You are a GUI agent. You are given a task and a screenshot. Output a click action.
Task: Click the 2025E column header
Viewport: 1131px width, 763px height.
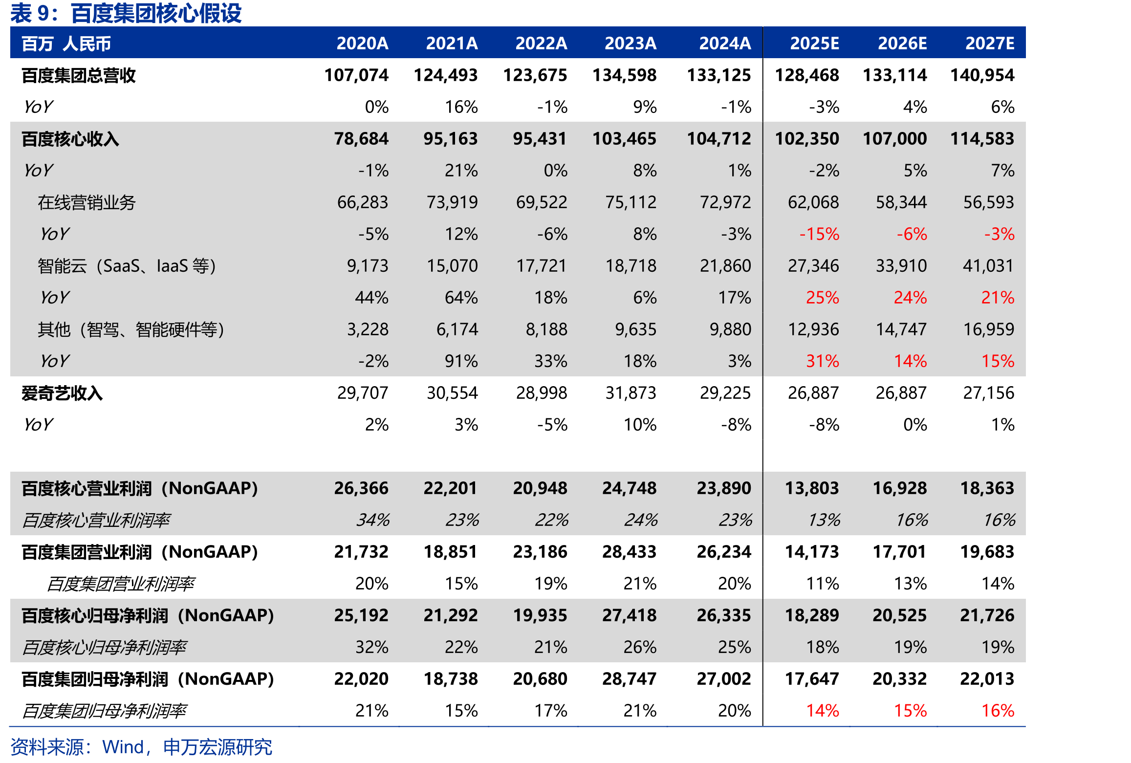[814, 44]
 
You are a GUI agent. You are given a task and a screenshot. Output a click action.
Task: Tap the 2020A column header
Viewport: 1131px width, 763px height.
[362, 44]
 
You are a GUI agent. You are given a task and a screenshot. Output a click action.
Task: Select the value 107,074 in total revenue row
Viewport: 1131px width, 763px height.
[356, 75]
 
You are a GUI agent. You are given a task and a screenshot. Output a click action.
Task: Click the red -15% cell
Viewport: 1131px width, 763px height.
[819, 234]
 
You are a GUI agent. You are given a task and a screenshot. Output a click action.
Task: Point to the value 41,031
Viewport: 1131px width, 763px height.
[988, 266]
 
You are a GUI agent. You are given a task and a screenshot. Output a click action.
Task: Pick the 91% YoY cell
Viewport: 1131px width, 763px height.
[461, 361]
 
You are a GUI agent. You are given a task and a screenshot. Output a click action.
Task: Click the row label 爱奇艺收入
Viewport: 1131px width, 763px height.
[62, 393]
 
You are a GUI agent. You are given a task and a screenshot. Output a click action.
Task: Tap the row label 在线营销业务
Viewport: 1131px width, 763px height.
[87, 202]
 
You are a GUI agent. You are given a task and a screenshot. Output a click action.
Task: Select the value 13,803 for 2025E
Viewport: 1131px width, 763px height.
[811, 488]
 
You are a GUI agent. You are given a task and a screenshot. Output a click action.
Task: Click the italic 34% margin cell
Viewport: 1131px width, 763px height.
[372, 520]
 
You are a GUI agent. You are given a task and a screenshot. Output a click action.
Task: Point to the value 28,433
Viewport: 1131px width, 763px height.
[629, 552]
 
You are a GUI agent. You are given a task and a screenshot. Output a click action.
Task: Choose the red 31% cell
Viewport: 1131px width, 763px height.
[823, 361]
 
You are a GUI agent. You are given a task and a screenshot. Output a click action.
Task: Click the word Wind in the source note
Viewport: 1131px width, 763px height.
[123, 747]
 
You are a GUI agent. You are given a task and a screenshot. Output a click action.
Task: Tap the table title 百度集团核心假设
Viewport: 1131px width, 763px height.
[156, 13]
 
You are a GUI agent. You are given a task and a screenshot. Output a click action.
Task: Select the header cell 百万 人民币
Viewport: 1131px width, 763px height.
[66, 44]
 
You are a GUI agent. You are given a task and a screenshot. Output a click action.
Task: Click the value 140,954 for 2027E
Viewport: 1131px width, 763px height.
[982, 75]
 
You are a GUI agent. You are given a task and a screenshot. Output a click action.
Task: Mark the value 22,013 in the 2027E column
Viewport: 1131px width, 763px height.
[987, 679]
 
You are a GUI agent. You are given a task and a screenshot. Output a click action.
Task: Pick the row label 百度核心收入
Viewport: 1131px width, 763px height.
[70, 139]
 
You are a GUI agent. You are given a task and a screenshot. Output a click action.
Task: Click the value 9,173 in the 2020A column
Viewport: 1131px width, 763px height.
[368, 266]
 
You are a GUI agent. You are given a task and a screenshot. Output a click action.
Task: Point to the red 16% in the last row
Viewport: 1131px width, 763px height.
[998, 711]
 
